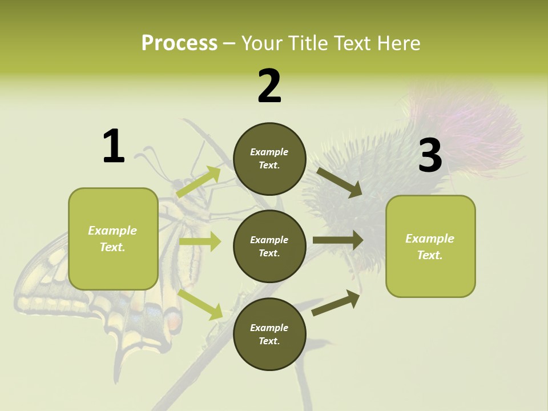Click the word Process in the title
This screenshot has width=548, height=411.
pos(179,43)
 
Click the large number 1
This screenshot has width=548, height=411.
pos(114,146)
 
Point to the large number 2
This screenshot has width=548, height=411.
pos(269,86)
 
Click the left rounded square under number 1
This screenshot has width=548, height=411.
pos(113,239)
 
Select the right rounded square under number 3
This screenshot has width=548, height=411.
pos(430,246)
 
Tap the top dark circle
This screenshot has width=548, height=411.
pos(269,159)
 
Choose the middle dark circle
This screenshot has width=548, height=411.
pos(269,246)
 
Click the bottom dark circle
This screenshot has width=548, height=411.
pos(269,334)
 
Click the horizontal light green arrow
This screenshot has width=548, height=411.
pos(200,242)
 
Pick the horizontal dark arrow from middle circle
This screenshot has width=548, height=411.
pos(338,240)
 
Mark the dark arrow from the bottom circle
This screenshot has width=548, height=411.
pos(336,303)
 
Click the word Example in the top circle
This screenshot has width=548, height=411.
pos(269,152)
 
